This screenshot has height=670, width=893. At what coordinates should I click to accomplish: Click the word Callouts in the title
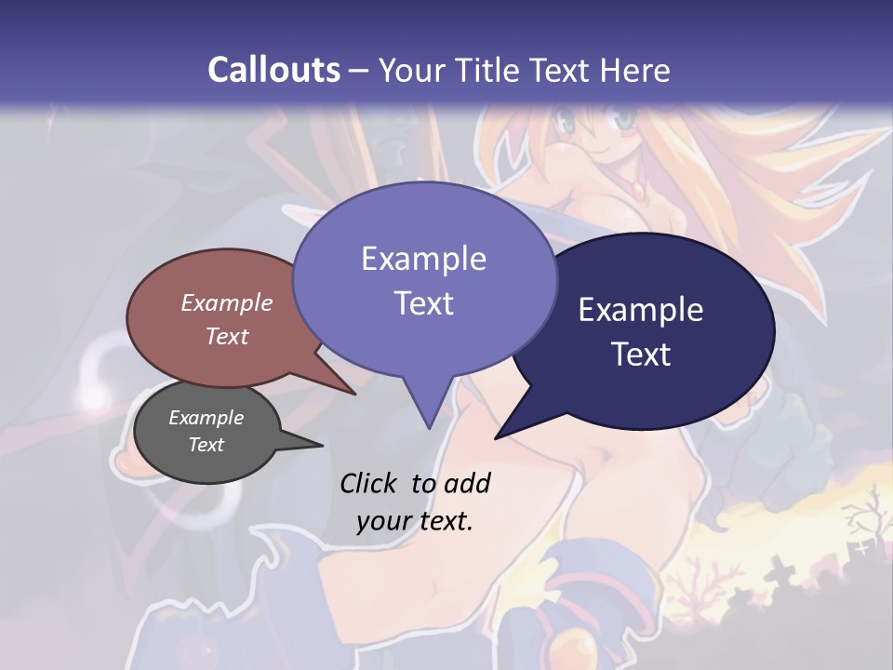tap(273, 70)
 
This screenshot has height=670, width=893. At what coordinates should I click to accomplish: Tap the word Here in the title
tap(636, 70)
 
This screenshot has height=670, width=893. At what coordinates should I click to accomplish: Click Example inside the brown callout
tap(227, 302)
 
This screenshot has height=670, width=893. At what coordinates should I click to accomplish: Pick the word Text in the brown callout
tap(227, 336)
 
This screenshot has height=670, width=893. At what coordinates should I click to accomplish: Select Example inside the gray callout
tap(207, 418)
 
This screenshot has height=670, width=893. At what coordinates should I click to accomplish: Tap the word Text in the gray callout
tap(207, 445)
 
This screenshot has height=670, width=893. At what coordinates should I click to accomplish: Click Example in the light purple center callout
tap(423, 258)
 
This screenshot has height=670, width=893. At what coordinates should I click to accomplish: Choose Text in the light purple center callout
tap(423, 303)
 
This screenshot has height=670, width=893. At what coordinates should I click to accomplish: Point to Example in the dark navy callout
tap(641, 310)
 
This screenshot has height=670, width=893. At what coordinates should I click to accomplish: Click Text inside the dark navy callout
tap(641, 355)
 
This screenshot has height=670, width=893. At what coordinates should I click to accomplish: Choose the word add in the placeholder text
tap(466, 483)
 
